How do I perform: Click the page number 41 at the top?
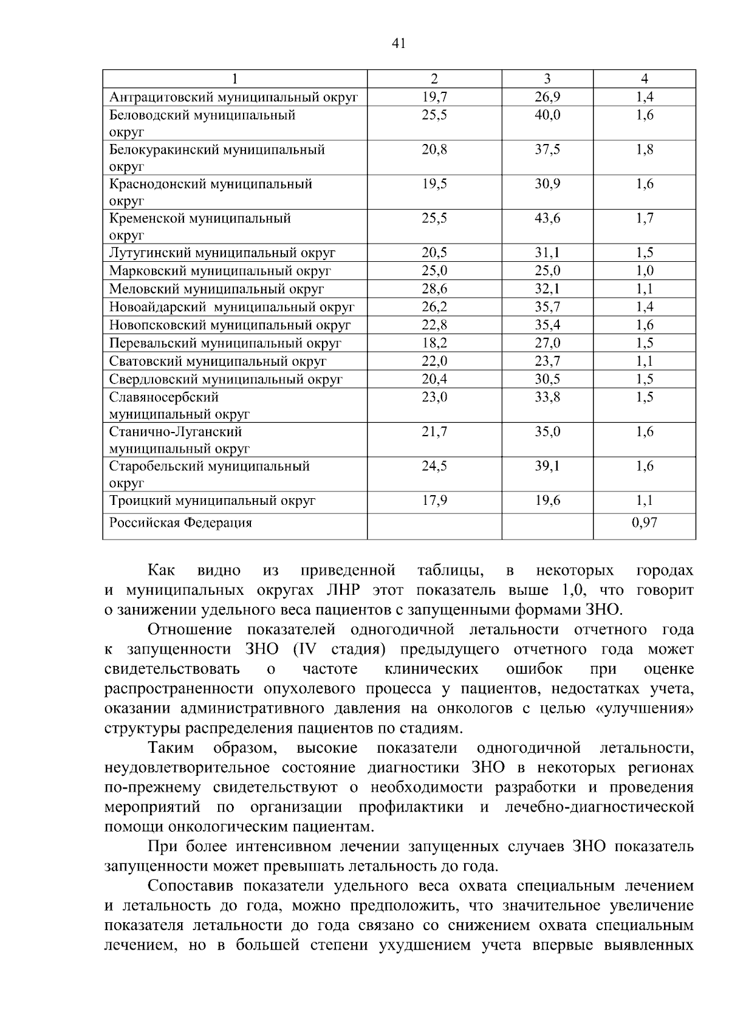click(x=399, y=43)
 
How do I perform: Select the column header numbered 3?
click(x=547, y=79)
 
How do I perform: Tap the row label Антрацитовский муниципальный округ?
click(x=233, y=97)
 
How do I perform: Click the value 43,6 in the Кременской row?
click(x=547, y=219)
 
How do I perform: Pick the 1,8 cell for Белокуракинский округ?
click(x=645, y=150)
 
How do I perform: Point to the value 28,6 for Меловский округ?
click(x=434, y=289)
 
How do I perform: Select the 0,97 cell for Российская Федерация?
click(x=645, y=522)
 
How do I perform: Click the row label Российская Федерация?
click(x=180, y=523)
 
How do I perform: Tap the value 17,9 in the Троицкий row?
click(x=434, y=501)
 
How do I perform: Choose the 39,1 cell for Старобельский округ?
click(x=547, y=466)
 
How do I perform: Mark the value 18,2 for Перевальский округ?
click(x=434, y=343)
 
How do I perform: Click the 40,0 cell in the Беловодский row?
click(x=547, y=115)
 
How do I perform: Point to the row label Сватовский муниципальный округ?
click(x=218, y=361)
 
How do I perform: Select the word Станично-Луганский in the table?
click(x=176, y=432)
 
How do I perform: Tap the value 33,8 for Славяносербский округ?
click(x=547, y=397)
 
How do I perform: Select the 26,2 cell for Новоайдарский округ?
click(x=434, y=307)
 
